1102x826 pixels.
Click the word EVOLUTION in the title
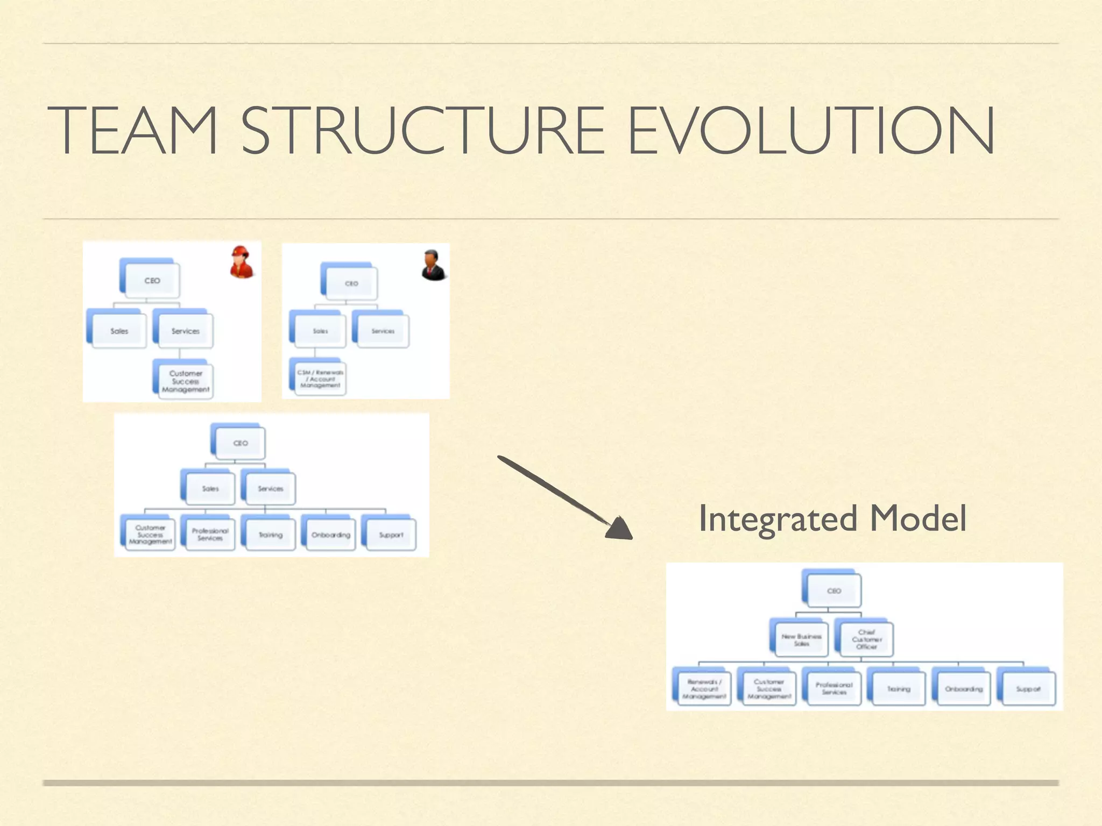811,131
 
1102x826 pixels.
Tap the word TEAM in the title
132,131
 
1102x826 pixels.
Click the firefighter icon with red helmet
242,262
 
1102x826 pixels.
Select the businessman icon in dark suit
433,265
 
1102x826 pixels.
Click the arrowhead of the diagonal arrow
620,529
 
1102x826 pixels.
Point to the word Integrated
778,519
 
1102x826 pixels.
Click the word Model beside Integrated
918,519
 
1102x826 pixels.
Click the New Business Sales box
801,639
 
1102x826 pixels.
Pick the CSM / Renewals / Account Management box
320,379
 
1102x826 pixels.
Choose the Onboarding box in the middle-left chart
330,535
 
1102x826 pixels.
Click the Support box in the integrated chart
1028,689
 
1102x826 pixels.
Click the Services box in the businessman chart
383,331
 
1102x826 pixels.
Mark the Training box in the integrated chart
899,689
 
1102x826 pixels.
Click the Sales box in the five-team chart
210,488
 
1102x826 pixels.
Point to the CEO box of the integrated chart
833,590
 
